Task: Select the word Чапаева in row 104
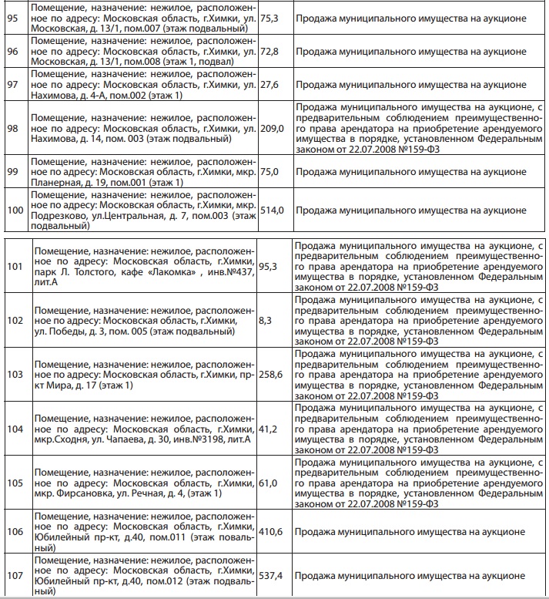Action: [129, 439]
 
